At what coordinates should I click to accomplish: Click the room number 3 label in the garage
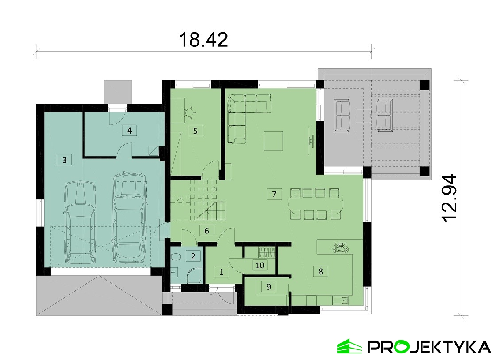click(64, 160)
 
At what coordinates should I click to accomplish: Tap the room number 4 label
click(129, 130)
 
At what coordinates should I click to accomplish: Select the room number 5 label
click(195, 131)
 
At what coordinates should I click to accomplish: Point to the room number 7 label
click(274, 194)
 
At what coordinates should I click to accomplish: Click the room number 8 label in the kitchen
click(321, 271)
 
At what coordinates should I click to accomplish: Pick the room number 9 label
click(269, 287)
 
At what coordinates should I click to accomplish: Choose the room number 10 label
click(260, 265)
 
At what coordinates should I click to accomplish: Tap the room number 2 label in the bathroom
click(193, 256)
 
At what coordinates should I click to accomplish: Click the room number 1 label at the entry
click(221, 271)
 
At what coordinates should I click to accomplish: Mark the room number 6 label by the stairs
click(207, 231)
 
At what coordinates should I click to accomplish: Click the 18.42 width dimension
click(203, 40)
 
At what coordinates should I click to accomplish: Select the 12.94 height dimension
click(449, 199)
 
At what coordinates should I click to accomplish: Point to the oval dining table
click(316, 204)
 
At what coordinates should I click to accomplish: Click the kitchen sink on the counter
click(340, 300)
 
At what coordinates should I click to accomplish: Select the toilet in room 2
click(175, 258)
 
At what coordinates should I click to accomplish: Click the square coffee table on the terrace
click(364, 116)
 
